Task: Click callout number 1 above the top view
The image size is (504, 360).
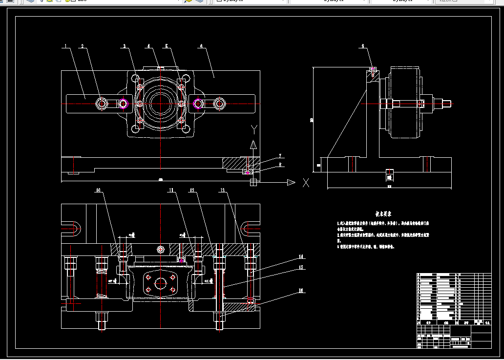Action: coord(64,46)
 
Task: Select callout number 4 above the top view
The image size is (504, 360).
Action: coord(148,46)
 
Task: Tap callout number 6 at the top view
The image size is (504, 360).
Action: coord(201,46)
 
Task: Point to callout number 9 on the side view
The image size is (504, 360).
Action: coord(363,46)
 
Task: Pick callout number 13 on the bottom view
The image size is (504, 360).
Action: coord(223,190)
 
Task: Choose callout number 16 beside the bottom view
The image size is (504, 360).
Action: coord(301,291)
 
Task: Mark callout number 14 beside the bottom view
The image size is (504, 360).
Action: coord(301,256)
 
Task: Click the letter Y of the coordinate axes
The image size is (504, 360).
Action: coord(253,129)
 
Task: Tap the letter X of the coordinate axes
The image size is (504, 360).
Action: coord(306,183)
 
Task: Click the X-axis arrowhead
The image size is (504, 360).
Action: coord(291,183)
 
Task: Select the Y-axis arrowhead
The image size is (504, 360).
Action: coord(253,145)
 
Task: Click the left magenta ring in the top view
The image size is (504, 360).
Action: coord(123,104)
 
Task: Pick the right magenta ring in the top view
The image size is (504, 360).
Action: coord(198,104)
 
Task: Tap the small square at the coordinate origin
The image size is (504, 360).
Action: coord(253,182)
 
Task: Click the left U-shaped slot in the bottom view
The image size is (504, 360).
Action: coord(71,227)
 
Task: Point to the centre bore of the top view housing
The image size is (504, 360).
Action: coord(160,104)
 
